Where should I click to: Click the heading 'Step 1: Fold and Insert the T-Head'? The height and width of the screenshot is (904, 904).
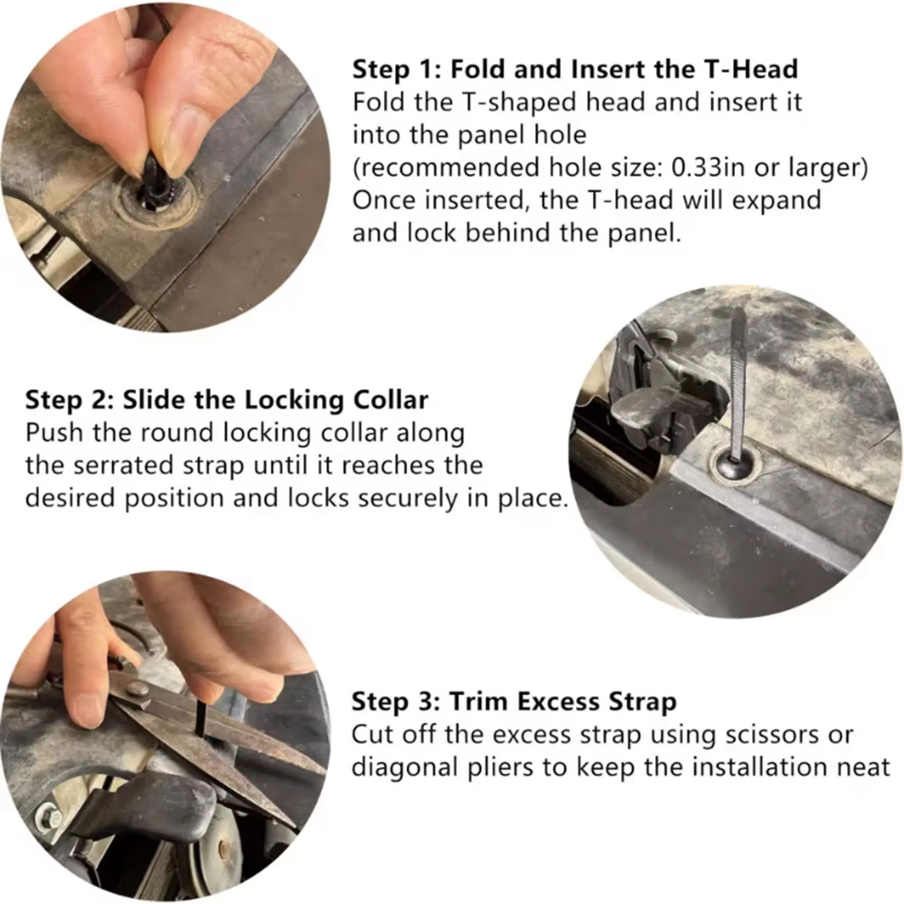click(x=575, y=69)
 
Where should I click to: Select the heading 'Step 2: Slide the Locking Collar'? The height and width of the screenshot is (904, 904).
click(x=226, y=400)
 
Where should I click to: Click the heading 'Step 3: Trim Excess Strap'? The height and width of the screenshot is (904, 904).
click(x=514, y=702)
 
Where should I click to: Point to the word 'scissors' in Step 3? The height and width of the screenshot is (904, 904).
click(x=772, y=734)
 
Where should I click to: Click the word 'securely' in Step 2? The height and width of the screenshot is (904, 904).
click(x=404, y=499)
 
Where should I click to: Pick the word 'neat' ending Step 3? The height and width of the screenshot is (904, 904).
click(x=867, y=768)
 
